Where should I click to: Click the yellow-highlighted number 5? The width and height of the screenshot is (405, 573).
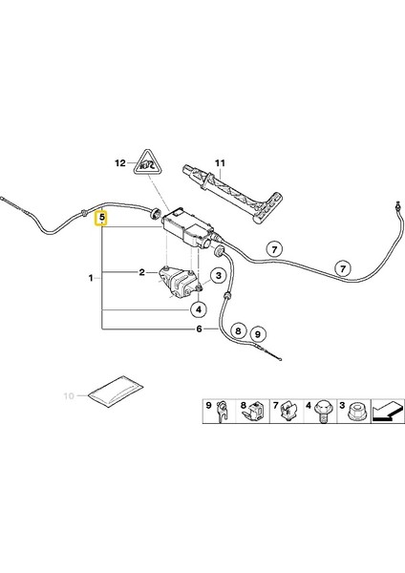103,220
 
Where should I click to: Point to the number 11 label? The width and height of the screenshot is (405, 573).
218,162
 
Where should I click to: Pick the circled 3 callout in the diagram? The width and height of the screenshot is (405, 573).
218,277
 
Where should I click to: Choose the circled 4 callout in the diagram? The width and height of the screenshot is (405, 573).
198,309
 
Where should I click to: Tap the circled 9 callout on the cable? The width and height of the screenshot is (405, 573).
258,333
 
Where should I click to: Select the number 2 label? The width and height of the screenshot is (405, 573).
141,272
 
